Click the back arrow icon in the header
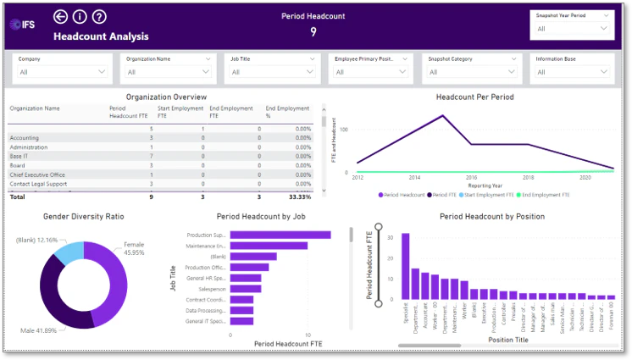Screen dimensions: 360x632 (x=60, y=17)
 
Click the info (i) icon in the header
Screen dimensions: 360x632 (x=80, y=17)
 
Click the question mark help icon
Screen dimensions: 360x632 (x=99, y=17)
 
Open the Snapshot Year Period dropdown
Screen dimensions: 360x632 (x=573, y=30)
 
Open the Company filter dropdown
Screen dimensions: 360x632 (x=63, y=72)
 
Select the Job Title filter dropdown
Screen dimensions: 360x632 (x=274, y=72)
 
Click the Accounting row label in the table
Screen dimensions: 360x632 (x=25, y=137)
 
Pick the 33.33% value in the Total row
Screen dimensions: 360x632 (x=299, y=197)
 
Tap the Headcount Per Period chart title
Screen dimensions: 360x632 (x=474, y=97)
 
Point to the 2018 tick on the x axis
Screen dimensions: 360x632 (x=528, y=178)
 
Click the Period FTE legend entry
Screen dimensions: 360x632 (x=452, y=194)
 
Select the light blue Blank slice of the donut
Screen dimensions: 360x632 (x=69, y=252)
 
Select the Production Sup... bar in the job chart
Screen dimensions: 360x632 (x=280, y=235)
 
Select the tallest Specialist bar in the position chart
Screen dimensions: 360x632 (x=405, y=266)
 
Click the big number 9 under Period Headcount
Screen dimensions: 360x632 (x=313, y=32)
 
